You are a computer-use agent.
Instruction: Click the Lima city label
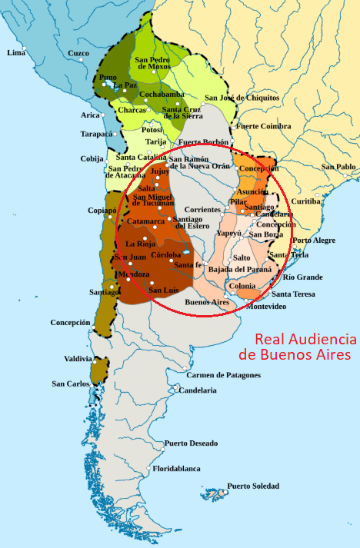click(x=15, y=53)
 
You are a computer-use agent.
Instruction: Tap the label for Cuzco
click(x=78, y=53)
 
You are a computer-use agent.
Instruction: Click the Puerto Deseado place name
click(x=191, y=443)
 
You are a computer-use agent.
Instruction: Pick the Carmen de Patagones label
click(x=223, y=375)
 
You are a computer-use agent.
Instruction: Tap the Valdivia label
click(x=78, y=359)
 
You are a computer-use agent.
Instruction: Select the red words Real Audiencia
click(x=305, y=339)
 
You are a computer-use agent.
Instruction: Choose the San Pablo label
click(x=338, y=167)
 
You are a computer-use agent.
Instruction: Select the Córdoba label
click(x=166, y=254)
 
